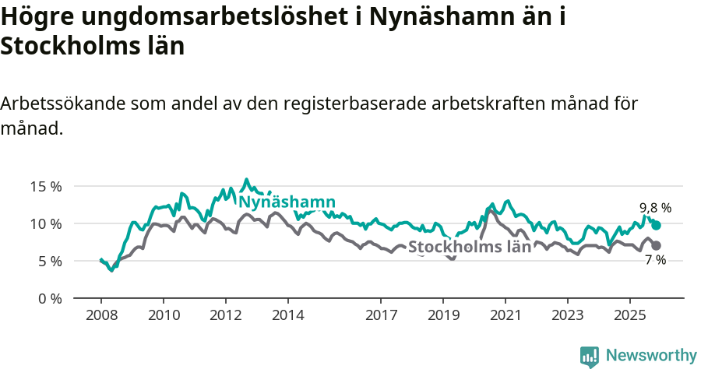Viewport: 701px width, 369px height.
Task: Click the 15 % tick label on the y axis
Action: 45,186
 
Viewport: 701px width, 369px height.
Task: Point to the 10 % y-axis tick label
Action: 45,223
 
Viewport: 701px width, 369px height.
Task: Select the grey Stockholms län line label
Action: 470,247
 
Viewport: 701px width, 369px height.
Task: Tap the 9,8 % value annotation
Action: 655,208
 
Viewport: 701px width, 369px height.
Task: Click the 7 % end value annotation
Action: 655,260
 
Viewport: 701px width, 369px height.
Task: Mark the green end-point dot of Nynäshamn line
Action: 657,225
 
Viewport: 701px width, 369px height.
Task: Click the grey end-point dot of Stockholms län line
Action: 657,245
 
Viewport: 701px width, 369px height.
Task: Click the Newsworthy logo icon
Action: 590,356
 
